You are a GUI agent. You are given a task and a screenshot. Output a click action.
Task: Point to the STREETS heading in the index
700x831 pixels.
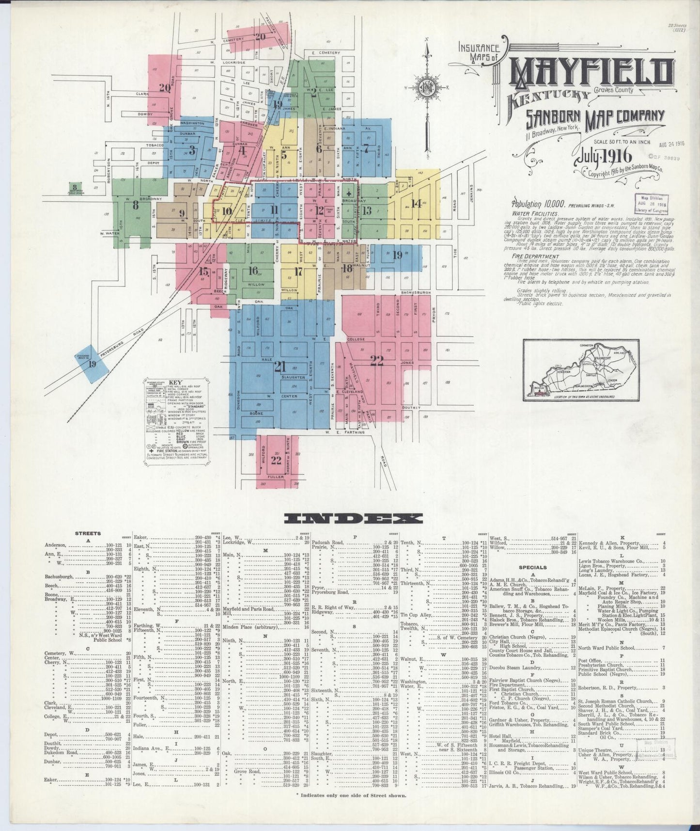point(88,533)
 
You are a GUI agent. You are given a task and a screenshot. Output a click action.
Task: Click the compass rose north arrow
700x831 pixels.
point(426,87)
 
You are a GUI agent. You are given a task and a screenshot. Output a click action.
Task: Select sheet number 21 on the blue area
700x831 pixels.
point(280,367)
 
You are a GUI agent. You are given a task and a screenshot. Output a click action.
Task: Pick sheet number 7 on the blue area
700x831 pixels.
point(367,148)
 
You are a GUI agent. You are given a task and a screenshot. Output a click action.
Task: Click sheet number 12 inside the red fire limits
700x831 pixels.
point(320,210)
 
